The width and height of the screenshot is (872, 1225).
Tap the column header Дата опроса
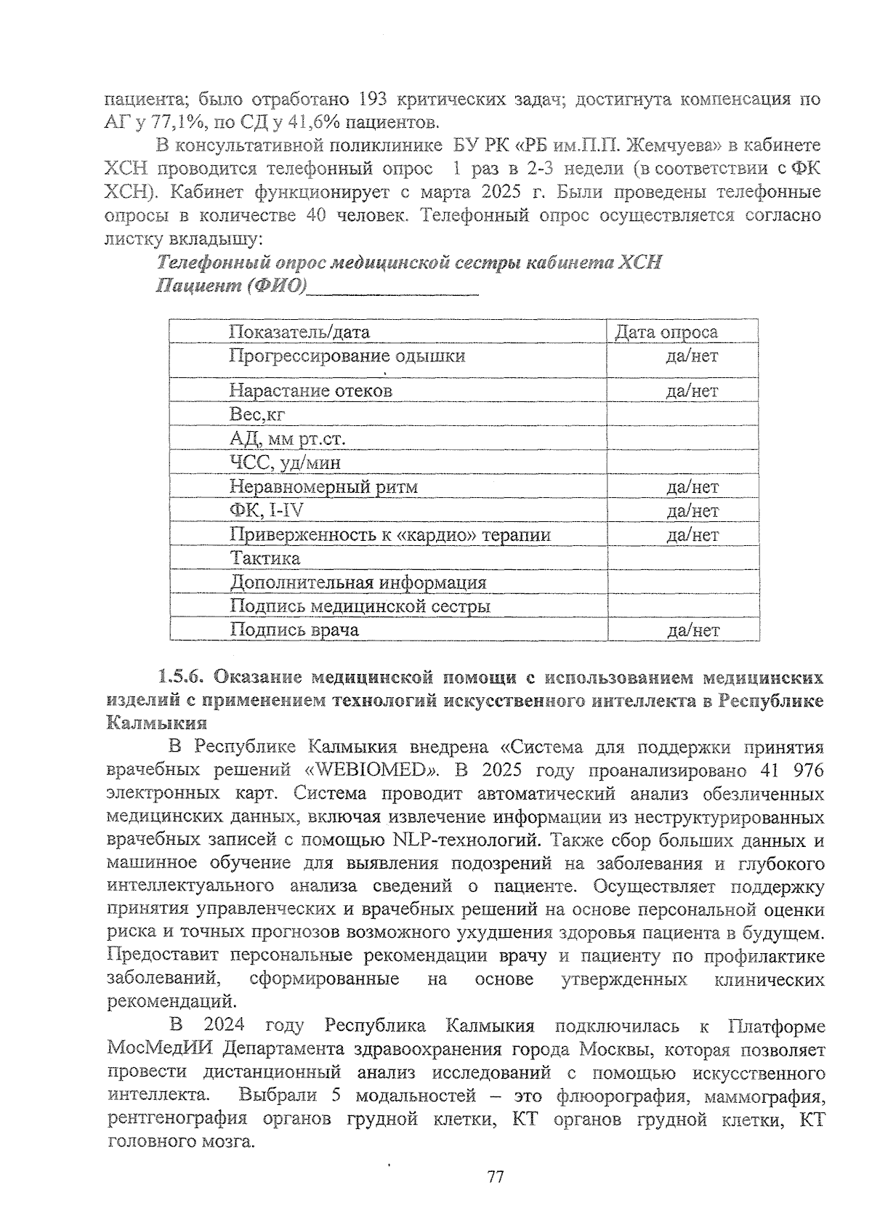pyautogui.click(x=666, y=332)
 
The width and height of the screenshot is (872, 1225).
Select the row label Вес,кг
pyautogui.click(x=257, y=415)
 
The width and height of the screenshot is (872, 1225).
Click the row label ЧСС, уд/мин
pyautogui.click(x=285, y=463)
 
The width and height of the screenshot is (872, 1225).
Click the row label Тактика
pyautogui.click(x=265, y=558)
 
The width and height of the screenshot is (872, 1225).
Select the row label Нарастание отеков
pyautogui.click(x=310, y=391)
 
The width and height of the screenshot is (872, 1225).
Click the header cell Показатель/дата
pyautogui.click(x=299, y=332)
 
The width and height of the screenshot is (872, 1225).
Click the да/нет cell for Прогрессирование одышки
pyautogui.click(x=692, y=356)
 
